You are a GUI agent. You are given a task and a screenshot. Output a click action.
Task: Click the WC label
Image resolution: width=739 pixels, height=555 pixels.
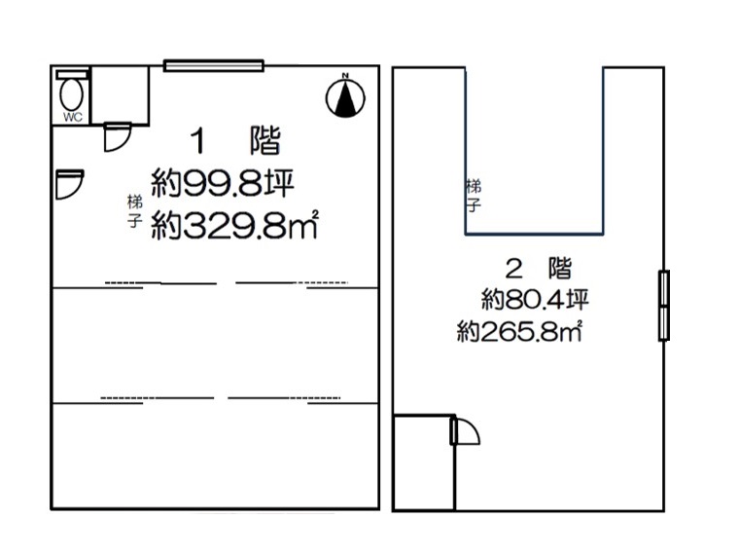[x=73, y=117]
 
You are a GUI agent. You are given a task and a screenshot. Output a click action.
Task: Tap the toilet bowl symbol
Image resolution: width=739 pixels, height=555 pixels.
[x=72, y=94]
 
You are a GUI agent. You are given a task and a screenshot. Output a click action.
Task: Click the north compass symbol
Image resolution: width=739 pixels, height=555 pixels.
[x=345, y=97]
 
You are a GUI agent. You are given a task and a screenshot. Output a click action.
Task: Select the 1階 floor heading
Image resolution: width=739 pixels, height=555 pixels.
[x=235, y=140]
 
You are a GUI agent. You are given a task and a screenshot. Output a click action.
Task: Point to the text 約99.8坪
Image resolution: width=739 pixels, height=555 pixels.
[x=223, y=183]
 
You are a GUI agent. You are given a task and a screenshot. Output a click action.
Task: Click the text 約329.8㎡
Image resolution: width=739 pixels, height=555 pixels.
[x=234, y=225]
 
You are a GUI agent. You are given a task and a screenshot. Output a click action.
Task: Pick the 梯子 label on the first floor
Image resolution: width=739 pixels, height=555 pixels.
[x=135, y=211]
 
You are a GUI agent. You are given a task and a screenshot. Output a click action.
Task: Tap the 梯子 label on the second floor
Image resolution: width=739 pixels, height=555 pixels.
[x=474, y=195]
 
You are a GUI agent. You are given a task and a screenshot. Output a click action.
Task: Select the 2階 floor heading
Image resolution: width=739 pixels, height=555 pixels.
[x=539, y=268]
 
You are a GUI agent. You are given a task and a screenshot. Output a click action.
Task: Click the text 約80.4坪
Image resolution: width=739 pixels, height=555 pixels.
[x=535, y=299]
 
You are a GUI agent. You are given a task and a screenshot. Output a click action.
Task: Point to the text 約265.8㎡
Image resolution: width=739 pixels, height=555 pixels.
[x=519, y=331]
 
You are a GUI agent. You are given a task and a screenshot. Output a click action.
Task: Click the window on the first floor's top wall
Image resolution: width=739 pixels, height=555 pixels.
[x=214, y=65]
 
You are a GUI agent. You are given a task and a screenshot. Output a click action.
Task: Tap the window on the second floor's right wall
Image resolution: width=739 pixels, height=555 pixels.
[x=663, y=306]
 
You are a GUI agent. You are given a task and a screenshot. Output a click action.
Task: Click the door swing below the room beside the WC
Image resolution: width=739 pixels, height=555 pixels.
[x=117, y=137]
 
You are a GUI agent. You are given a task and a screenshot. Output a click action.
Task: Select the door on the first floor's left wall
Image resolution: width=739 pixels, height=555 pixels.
[x=69, y=184]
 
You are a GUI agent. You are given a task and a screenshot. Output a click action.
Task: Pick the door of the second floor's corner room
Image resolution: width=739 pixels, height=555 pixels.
[x=465, y=430]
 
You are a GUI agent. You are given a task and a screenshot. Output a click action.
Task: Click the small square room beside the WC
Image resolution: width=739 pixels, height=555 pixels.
[x=120, y=94]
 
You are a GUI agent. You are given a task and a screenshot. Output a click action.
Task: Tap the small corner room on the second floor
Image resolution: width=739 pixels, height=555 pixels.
[x=424, y=462]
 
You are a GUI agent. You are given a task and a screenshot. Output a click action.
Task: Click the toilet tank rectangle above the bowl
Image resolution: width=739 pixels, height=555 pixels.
[x=72, y=75]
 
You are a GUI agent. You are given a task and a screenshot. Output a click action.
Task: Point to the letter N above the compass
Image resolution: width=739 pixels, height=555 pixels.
[x=345, y=76]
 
